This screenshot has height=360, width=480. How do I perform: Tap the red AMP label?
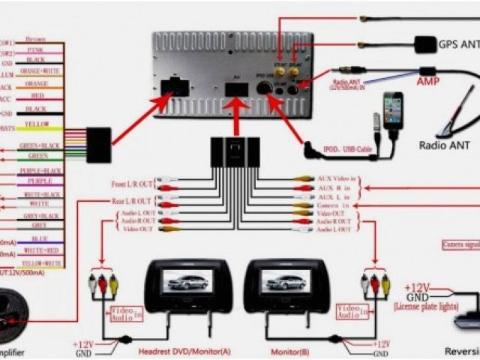tap(428, 81)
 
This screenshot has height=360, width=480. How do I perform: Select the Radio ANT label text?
tap(444, 145)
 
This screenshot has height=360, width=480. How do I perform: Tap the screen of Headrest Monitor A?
tap(186, 280)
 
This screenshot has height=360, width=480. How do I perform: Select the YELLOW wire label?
tap(37, 124)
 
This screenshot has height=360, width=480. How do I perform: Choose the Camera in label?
tap(334, 205)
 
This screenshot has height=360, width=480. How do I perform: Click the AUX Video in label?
tap(336, 179)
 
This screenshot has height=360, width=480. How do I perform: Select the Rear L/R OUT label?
tap(132, 201)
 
